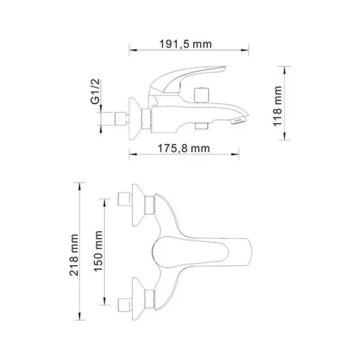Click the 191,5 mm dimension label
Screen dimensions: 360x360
[x=184, y=44]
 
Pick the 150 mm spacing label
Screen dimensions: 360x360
[x=99, y=249]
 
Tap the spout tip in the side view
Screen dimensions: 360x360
[x=239, y=119]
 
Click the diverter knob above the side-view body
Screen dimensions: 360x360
[x=203, y=94]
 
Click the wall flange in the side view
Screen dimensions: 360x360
[x=135, y=117]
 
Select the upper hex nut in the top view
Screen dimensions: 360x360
[x=149, y=205]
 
